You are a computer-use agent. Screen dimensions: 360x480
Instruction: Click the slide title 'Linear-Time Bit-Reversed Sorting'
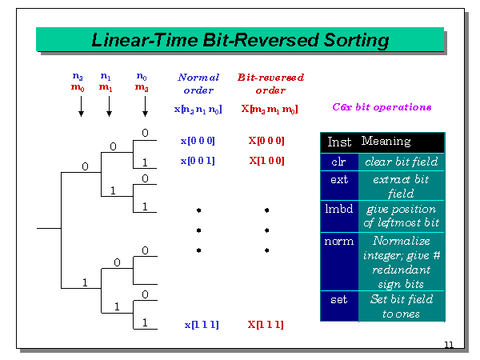(240, 39)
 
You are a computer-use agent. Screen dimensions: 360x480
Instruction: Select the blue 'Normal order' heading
(198, 84)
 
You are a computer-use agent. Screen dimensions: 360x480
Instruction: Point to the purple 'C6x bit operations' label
(382, 106)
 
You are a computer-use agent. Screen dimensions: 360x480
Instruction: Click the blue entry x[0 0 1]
(197, 161)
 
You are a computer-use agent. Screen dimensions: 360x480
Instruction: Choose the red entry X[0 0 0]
(266, 141)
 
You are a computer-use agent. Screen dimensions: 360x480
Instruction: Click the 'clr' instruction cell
(338, 161)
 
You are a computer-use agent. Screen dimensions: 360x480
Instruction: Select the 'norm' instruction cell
(338, 241)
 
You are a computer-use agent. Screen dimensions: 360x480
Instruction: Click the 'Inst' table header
(339, 142)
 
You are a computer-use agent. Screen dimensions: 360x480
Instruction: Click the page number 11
(448, 345)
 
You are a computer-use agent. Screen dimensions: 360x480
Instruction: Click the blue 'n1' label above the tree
(106, 77)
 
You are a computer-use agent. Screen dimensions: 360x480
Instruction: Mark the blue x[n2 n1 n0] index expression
(198, 108)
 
